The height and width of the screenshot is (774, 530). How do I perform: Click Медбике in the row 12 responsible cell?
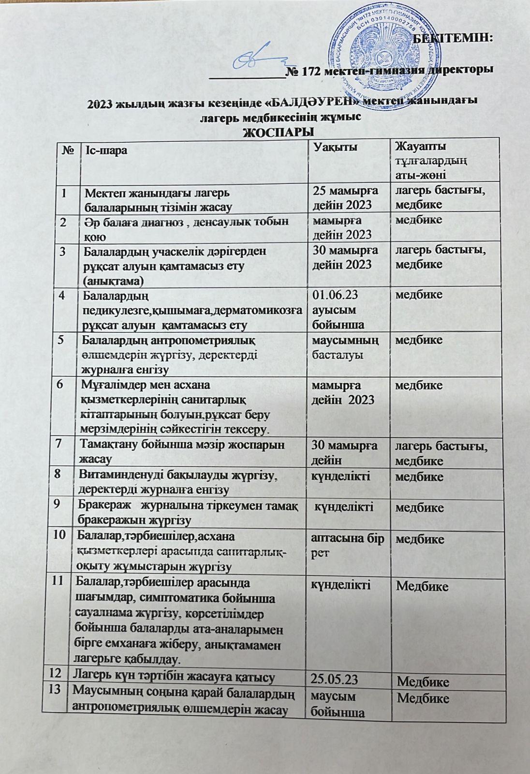[423, 682]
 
